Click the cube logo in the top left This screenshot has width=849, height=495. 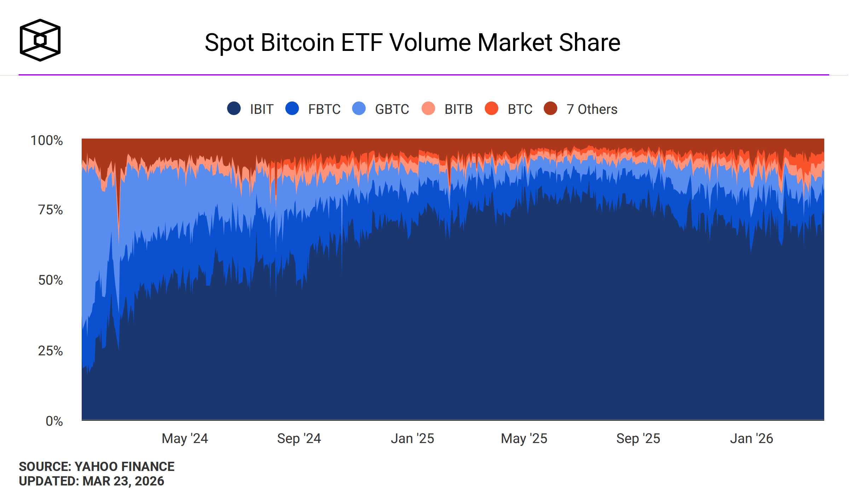[40, 40]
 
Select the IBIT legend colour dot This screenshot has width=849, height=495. [234, 109]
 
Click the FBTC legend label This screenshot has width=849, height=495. [324, 109]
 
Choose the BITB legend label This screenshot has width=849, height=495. [459, 109]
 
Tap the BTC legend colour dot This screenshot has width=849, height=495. [492, 109]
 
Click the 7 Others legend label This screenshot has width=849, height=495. [592, 109]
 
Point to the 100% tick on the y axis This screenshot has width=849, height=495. [47, 140]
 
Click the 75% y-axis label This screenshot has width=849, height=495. [50, 210]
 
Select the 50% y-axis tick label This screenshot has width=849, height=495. [50, 280]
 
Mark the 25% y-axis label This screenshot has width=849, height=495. [50, 351]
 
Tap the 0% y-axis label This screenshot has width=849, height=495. [54, 421]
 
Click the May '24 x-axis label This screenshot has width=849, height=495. [185, 438]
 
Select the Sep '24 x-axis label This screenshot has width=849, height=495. [299, 438]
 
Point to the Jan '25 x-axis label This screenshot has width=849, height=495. [412, 438]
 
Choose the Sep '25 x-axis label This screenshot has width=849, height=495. [638, 438]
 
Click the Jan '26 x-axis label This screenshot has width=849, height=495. [752, 438]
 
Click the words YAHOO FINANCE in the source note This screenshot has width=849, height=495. [124, 467]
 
